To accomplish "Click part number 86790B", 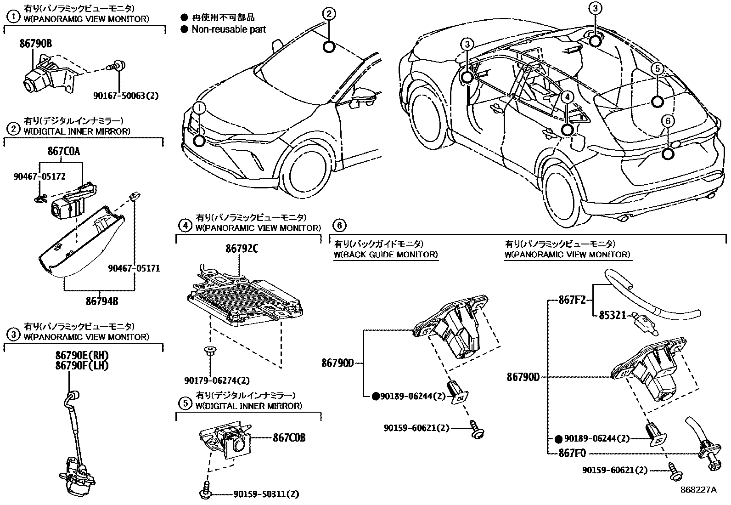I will (35, 44).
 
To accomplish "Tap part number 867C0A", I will (63, 151).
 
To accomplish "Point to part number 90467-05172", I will (39, 176).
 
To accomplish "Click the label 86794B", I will (102, 301).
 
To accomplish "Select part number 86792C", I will (242, 249).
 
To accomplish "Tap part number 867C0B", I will (289, 438).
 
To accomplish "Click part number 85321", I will (612, 315).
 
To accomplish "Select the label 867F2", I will (572, 301).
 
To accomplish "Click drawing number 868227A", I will (698, 490).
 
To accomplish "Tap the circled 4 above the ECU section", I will (185, 225).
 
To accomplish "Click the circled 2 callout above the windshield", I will (329, 14).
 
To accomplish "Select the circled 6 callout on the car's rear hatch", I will (668, 121).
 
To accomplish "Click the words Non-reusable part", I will (229, 29).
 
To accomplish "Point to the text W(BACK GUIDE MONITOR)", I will (386, 255).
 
